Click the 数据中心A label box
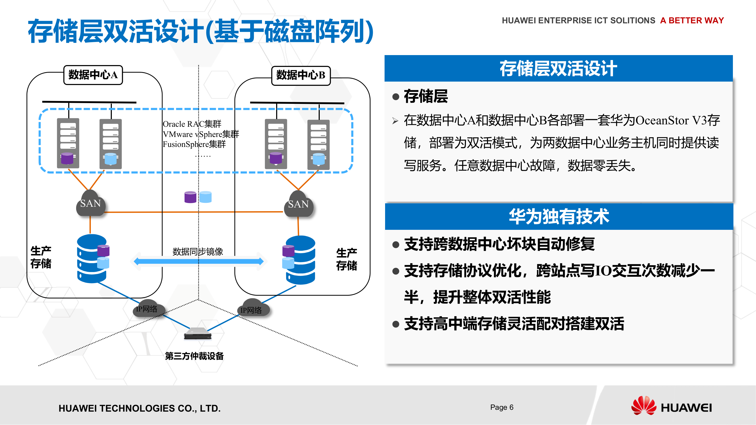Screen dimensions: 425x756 [x=93, y=75]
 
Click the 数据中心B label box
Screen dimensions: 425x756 [x=301, y=75]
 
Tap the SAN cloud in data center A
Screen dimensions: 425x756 [x=90, y=204]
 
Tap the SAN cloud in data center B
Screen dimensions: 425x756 [x=298, y=204]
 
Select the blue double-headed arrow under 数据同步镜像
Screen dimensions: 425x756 [x=199, y=261]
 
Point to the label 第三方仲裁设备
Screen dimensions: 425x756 [x=194, y=356]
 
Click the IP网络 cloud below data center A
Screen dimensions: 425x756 [x=148, y=309]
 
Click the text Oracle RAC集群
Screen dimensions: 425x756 [x=192, y=124]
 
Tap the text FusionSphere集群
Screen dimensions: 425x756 [x=194, y=144]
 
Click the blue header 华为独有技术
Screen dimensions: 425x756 [x=559, y=216]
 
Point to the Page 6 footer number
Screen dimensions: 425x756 [x=502, y=407]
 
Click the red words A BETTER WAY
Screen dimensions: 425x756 [x=692, y=20]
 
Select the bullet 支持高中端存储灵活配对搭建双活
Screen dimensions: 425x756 [x=514, y=324]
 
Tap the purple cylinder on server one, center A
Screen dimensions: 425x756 [x=67, y=158]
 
